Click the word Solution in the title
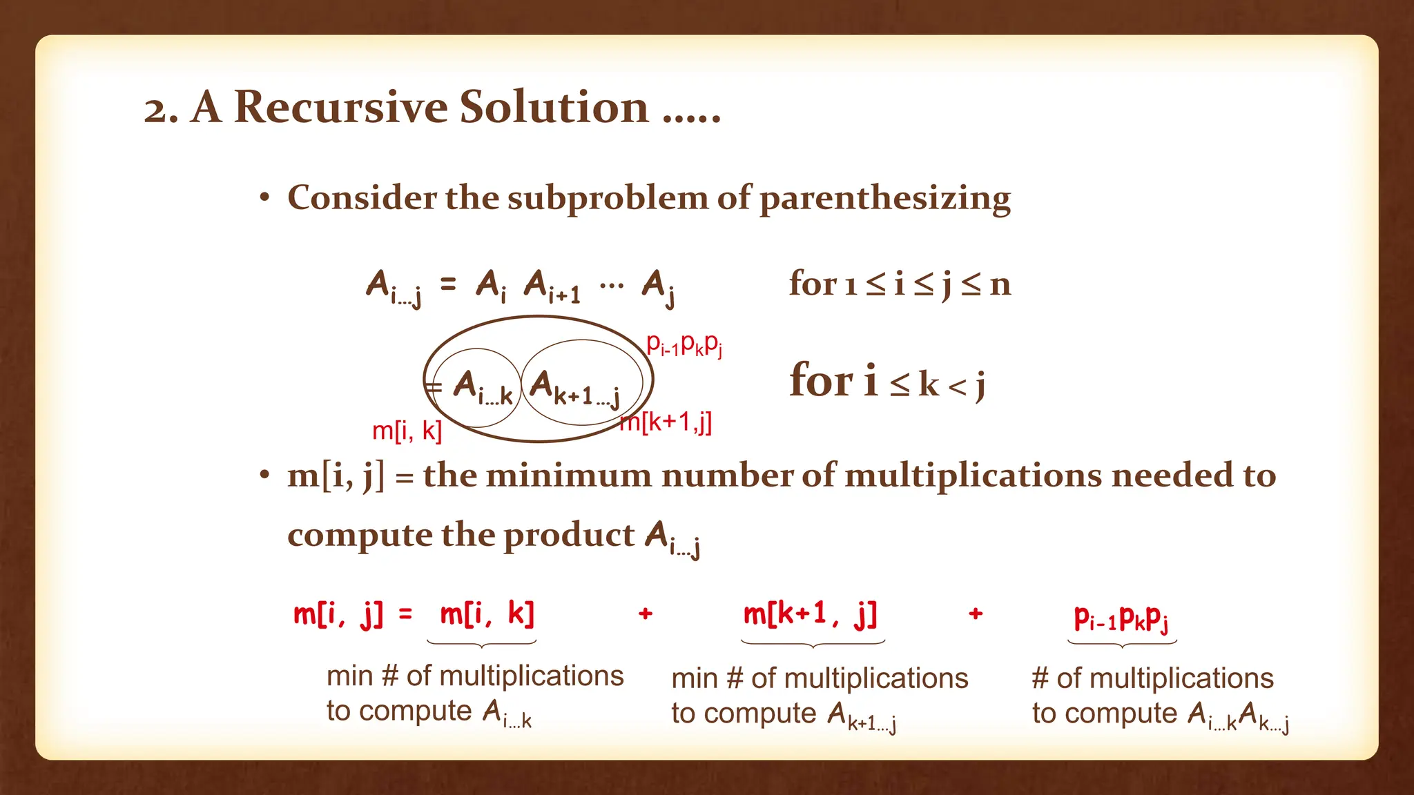(554, 108)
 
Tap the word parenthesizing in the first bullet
(885, 199)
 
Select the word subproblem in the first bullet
(608, 199)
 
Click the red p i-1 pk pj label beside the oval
(684, 344)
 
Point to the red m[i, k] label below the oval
(407, 431)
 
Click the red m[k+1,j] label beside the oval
(666, 421)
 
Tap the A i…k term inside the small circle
(482, 387)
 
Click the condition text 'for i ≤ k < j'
(887, 382)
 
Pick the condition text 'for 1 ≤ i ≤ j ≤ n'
(900, 283)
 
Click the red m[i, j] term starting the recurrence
(338, 614)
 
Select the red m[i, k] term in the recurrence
(487, 614)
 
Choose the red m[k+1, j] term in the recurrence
(810, 614)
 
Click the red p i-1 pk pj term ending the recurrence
(1121, 618)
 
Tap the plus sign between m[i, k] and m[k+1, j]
(646, 613)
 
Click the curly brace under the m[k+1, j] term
(813, 645)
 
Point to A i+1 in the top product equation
(552, 286)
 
